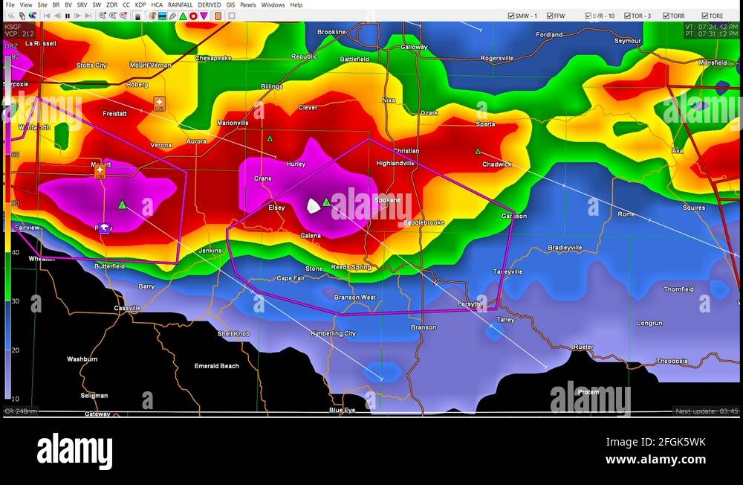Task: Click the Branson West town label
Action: pos(354,298)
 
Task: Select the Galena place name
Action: pos(311,236)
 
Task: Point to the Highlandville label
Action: pos(395,163)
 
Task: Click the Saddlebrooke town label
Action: pos(424,222)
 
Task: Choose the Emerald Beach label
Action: pos(217,366)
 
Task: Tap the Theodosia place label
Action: pos(672,362)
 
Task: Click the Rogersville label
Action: pos(497,58)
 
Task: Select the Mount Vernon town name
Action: pos(150,65)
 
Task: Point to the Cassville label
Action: pos(127,308)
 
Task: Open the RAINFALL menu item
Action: pos(180,5)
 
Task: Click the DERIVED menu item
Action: pos(209,5)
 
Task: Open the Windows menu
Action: pos(273,5)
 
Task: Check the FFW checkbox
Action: pos(550,16)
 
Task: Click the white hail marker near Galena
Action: pos(314,205)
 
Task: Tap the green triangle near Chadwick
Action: pos(478,151)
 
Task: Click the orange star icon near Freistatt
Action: pos(159,103)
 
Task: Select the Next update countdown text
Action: pos(707,411)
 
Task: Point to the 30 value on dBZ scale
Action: pos(15,301)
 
